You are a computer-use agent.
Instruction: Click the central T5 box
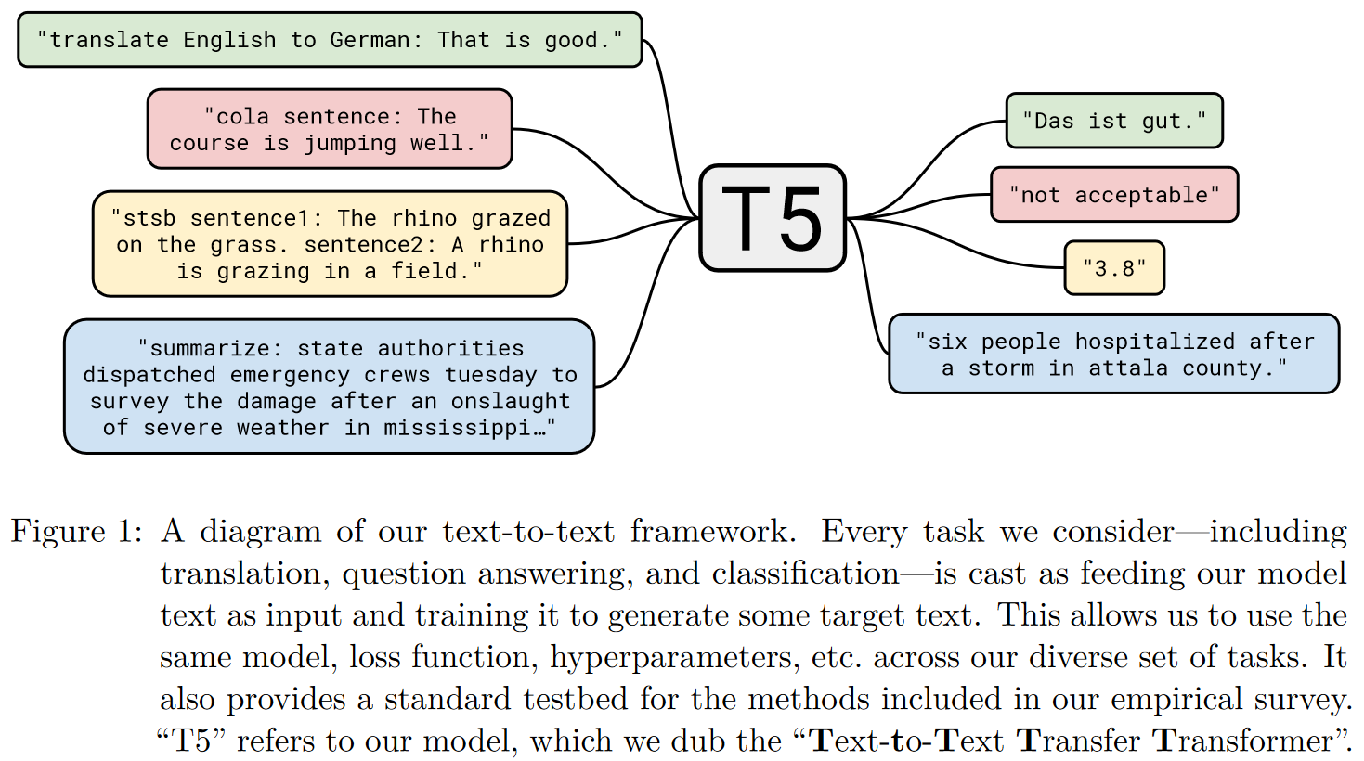(772, 218)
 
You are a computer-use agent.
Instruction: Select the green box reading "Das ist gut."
(1113, 121)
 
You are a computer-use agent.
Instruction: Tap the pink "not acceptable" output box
(1113, 195)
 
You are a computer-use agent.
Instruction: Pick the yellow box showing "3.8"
(1113, 268)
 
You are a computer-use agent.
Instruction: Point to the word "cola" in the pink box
(242, 117)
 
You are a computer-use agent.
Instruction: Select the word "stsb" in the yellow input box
(149, 219)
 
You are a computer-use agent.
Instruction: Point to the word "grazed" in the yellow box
(511, 219)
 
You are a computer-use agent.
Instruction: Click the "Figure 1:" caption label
(76, 532)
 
